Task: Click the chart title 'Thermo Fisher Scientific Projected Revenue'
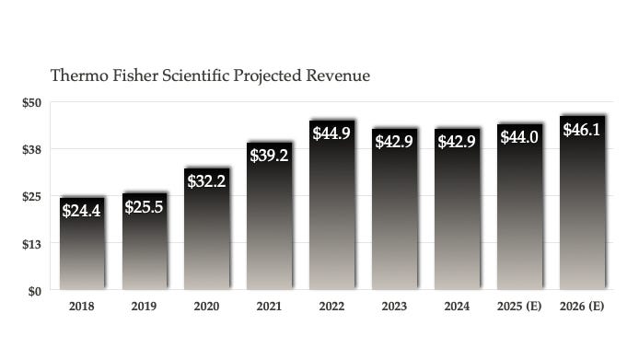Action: click(x=210, y=75)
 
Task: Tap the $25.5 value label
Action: click(x=145, y=206)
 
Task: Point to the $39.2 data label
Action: click(x=269, y=155)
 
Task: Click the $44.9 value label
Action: click(x=331, y=133)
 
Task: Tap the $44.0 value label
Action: click(x=519, y=136)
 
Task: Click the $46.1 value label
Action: click(x=582, y=130)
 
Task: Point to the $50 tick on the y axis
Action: click(x=32, y=102)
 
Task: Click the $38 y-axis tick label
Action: click(x=32, y=149)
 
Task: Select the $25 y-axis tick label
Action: click(x=32, y=196)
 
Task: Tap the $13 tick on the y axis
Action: click(x=32, y=244)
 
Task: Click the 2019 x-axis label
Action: click(x=144, y=307)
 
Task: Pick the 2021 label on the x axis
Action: click(x=269, y=307)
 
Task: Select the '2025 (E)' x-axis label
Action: click(x=519, y=307)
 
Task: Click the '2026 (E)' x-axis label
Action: click(x=582, y=307)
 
